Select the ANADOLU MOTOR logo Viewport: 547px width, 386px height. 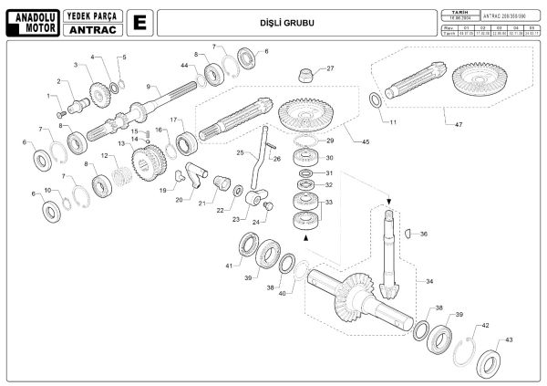coord(31,21)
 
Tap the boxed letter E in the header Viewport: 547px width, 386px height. coord(139,21)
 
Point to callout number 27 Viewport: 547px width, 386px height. coord(330,68)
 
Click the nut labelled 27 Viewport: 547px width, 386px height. coord(306,73)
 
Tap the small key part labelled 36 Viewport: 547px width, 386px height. coord(408,233)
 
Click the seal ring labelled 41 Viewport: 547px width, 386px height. coord(248,245)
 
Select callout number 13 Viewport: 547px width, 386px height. coord(120,144)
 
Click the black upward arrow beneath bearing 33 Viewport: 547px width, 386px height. coord(305,237)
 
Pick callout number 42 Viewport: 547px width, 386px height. coord(485,325)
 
